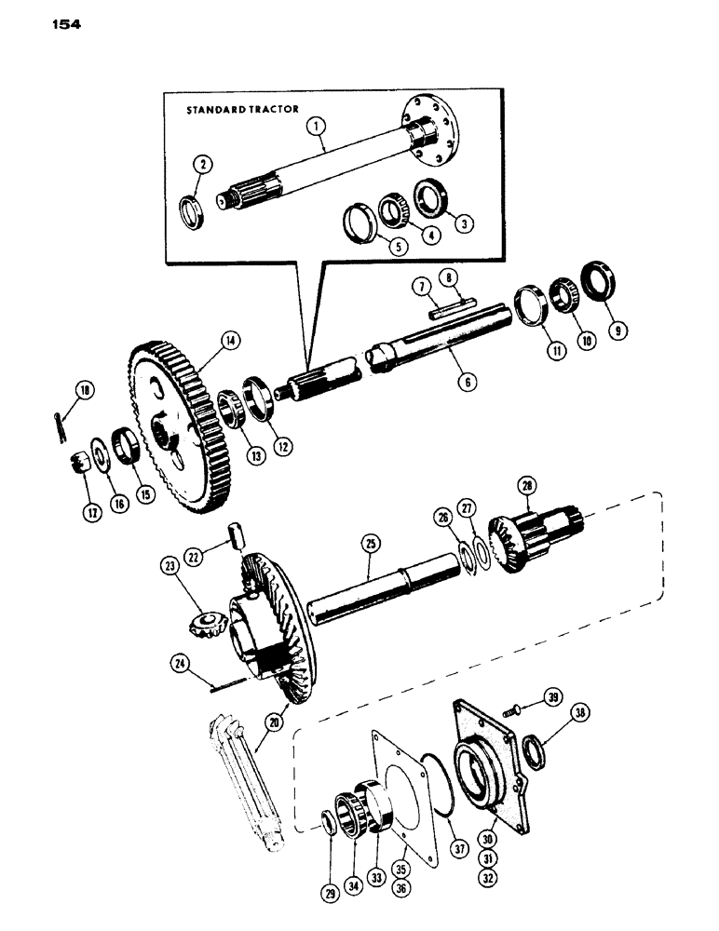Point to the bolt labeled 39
[509, 710]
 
